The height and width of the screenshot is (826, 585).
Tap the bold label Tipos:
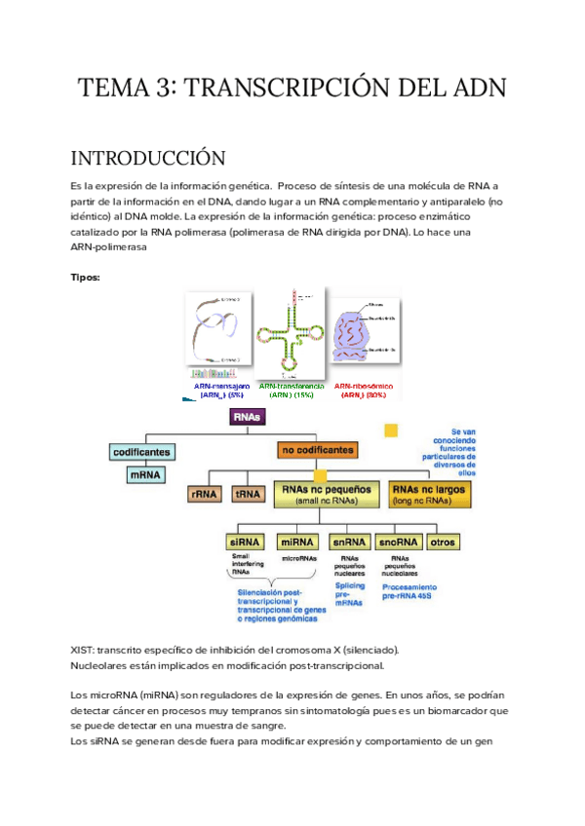coord(86,277)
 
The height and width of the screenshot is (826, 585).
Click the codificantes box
coord(141,452)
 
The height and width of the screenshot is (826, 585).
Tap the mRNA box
coord(146,475)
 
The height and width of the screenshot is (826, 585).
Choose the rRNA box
coord(205,494)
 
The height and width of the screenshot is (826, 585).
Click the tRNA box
coord(248,494)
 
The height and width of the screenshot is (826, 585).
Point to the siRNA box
coord(245,542)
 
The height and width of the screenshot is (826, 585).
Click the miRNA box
coord(298,542)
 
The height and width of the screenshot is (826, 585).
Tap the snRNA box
coord(348,542)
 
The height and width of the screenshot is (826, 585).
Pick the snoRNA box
coord(398,542)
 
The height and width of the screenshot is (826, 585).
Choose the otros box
coord(444,542)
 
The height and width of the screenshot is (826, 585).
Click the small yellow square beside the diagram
coord(391,430)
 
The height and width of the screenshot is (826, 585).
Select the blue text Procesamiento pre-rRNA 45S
coord(409,592)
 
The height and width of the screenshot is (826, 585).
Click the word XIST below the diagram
coord(84,650)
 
